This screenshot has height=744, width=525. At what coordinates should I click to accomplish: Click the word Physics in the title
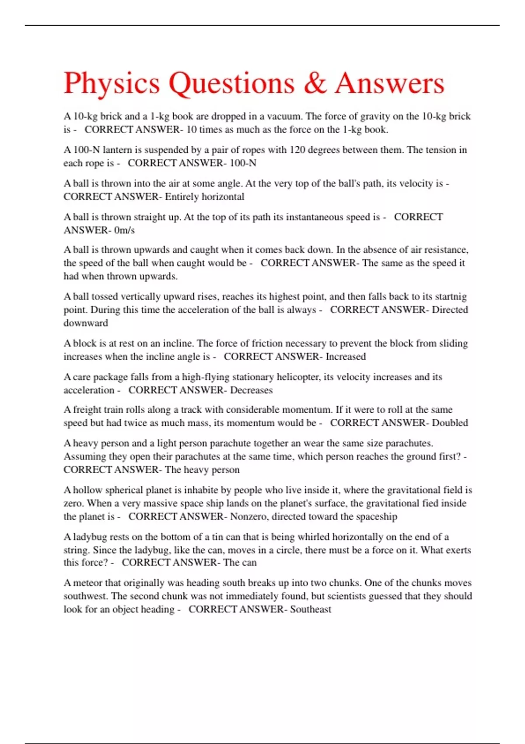click(112, 83)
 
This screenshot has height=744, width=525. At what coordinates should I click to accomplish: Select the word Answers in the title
click(390, 83)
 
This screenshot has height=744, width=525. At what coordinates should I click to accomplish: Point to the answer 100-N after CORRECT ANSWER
click(243, 163)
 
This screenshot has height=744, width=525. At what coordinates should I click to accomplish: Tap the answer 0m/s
click(124, 230)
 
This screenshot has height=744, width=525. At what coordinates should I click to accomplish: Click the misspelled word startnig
click(451, 297)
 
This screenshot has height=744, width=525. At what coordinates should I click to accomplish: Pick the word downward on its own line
click(86, 323)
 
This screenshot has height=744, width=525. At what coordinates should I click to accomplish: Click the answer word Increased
click(346, 357)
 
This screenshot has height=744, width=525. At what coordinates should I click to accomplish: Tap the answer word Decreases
click(251, 390)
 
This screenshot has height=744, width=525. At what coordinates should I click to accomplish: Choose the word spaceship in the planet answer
click(377, 516)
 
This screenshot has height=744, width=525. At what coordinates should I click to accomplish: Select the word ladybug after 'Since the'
click(150, 550)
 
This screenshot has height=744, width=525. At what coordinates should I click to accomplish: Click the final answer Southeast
click(310, 609)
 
